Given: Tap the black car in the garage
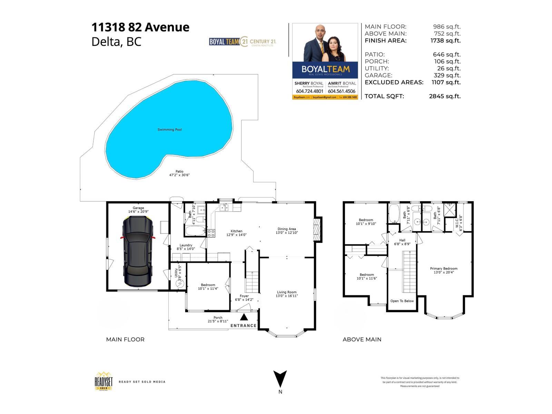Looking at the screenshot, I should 138,252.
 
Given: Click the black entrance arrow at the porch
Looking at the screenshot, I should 244,317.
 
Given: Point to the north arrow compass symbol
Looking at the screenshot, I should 280,379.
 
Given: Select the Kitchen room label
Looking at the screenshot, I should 236,231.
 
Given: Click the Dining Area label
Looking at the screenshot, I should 287,229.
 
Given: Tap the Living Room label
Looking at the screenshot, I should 287,292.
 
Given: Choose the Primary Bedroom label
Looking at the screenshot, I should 444,268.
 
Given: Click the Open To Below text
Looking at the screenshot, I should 402,301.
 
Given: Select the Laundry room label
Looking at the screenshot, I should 186,245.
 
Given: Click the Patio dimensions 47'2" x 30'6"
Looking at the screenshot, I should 179,175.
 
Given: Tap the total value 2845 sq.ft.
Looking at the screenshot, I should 445,96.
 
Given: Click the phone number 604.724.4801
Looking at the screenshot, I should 309,91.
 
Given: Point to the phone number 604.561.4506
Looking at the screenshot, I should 342,91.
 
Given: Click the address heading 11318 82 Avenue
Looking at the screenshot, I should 140,27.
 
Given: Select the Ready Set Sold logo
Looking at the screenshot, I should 104,381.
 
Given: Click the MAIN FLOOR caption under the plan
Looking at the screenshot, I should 125,339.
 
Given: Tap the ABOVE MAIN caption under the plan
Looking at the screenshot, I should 362,339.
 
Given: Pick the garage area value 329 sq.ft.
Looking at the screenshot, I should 447,75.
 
